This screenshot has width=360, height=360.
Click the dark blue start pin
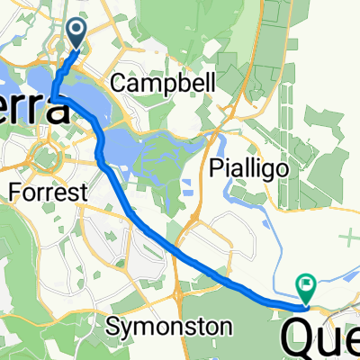[76, 34]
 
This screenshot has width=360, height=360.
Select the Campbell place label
[163, 84]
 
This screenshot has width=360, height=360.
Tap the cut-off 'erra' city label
[34, 110]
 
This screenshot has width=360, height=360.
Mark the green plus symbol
[350, 237]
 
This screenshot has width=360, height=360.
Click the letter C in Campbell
[117, 84]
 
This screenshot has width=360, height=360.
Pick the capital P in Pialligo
[215, 166]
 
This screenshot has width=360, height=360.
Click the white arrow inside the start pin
[76, 31]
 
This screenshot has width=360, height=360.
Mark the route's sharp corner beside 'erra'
[53, 97]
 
